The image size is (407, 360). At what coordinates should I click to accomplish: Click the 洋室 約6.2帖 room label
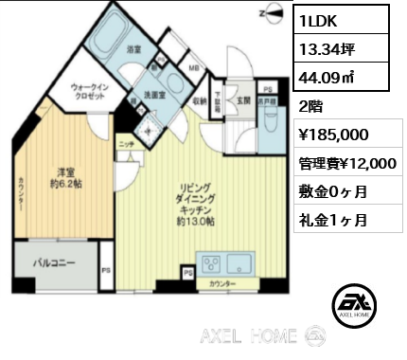point(65,177)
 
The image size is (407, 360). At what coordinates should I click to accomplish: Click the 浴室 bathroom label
point(133,48)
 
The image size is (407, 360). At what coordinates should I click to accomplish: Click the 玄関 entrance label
point(242,99)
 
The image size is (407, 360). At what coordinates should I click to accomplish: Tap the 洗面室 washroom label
point(155,95)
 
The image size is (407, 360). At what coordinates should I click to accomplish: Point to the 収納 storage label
point(199,100)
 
